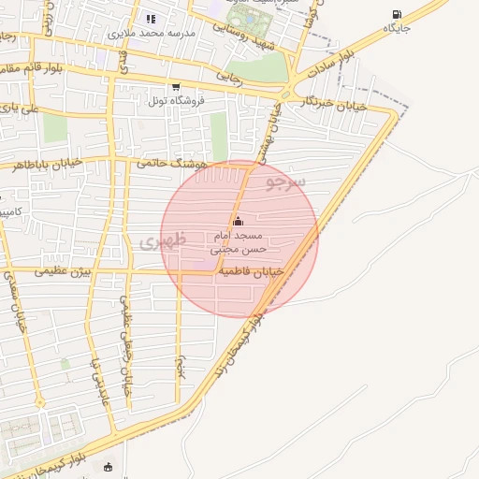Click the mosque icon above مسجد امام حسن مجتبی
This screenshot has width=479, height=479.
[238, 222]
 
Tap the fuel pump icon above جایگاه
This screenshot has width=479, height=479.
[397, 15]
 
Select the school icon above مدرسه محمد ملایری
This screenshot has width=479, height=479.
[151, 19]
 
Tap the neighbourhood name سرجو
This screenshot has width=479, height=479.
[284, 178]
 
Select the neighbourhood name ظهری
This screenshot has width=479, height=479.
[163, 240]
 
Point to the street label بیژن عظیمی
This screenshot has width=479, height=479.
[65, 272]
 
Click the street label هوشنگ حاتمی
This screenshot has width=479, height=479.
[170, 162]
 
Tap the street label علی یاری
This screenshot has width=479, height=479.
[21, 109]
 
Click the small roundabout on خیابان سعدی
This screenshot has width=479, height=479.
[41, 401]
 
